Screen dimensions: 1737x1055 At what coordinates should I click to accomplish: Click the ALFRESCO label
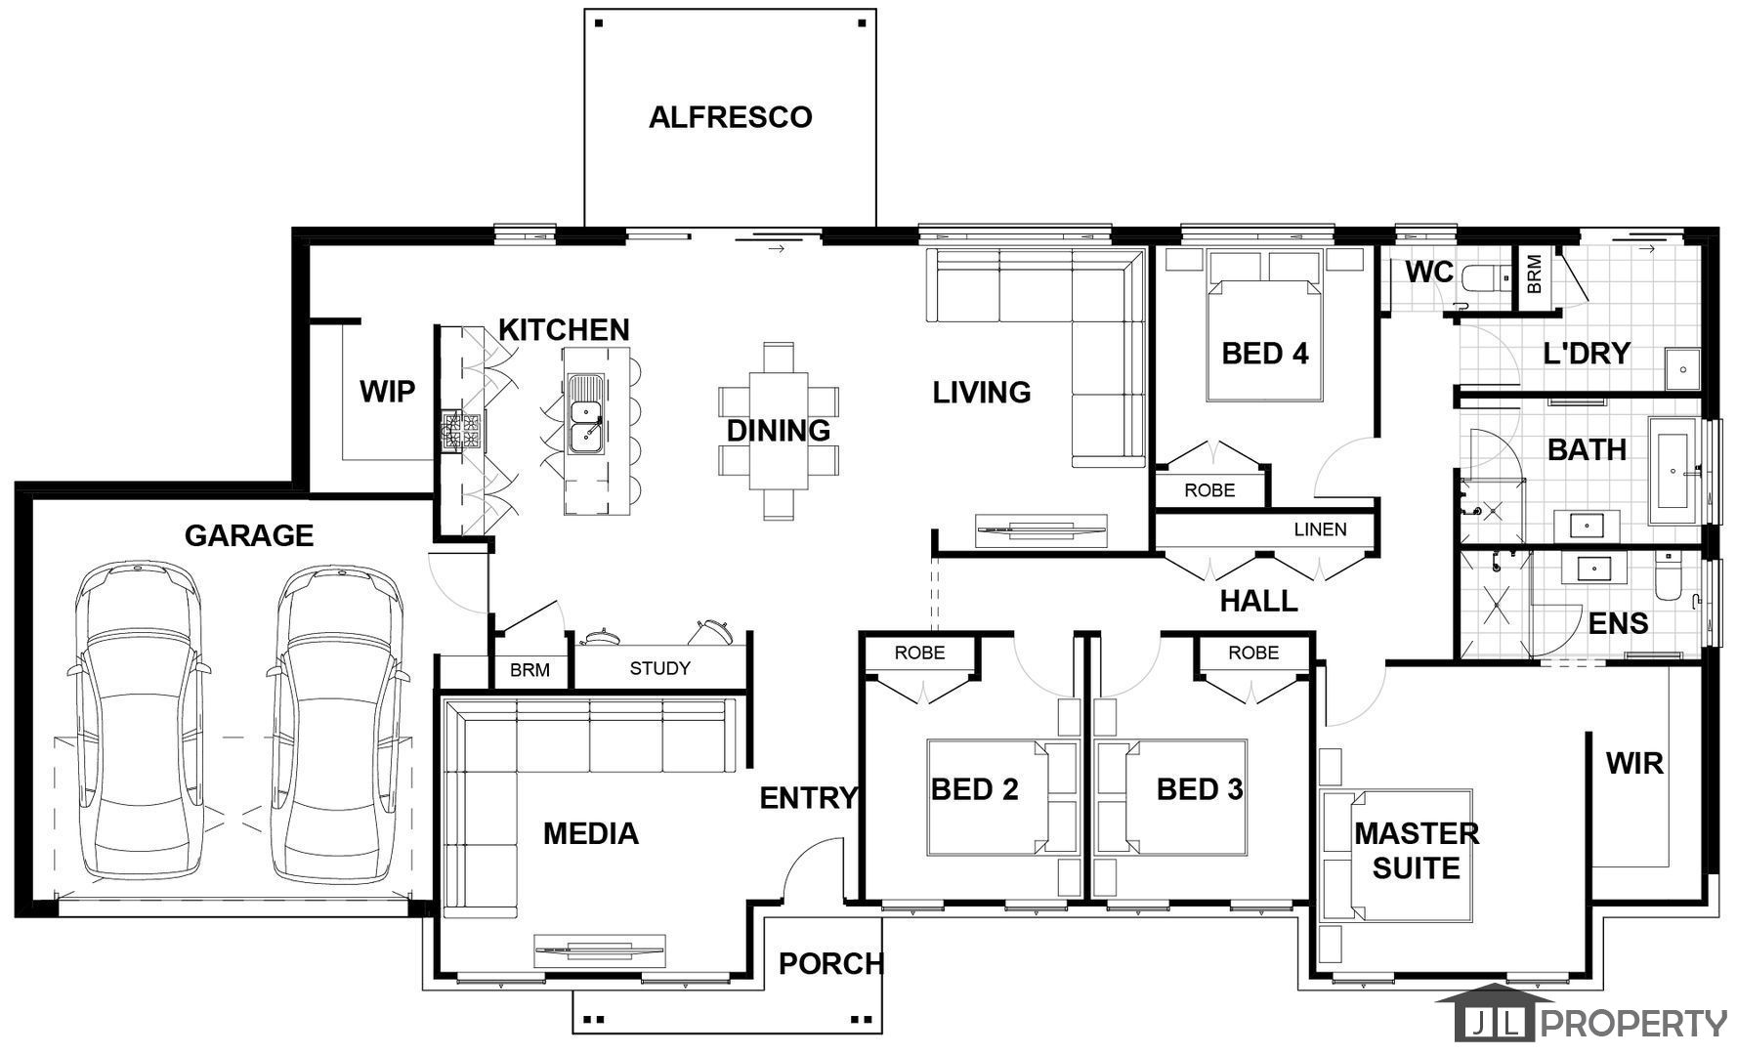(x=731, y=117)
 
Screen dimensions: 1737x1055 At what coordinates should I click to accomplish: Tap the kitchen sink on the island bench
(x=586, y=414)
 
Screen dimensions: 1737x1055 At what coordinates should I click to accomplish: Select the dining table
(x=779, y=430)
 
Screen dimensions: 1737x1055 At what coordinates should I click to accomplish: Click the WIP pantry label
(x=387, y=392)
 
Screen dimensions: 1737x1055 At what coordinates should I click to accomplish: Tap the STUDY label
(x=659, y=668)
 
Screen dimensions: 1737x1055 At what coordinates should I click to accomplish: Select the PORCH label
(x=830, y=964)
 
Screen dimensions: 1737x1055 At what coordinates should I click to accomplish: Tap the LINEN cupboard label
(x=1320, y=529)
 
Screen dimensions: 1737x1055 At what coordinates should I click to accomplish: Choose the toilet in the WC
(x=1486, y=278)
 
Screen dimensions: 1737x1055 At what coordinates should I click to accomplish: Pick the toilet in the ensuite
(x=1668, y=578)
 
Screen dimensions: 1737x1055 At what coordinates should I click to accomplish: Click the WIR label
(x=1634, y=763)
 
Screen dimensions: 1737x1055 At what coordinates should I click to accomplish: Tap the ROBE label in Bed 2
(x=919, y=653)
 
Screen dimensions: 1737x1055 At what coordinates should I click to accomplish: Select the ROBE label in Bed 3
(x=1253, y=653)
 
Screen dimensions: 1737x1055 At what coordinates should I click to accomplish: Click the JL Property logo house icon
(x=1495, y=1014)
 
